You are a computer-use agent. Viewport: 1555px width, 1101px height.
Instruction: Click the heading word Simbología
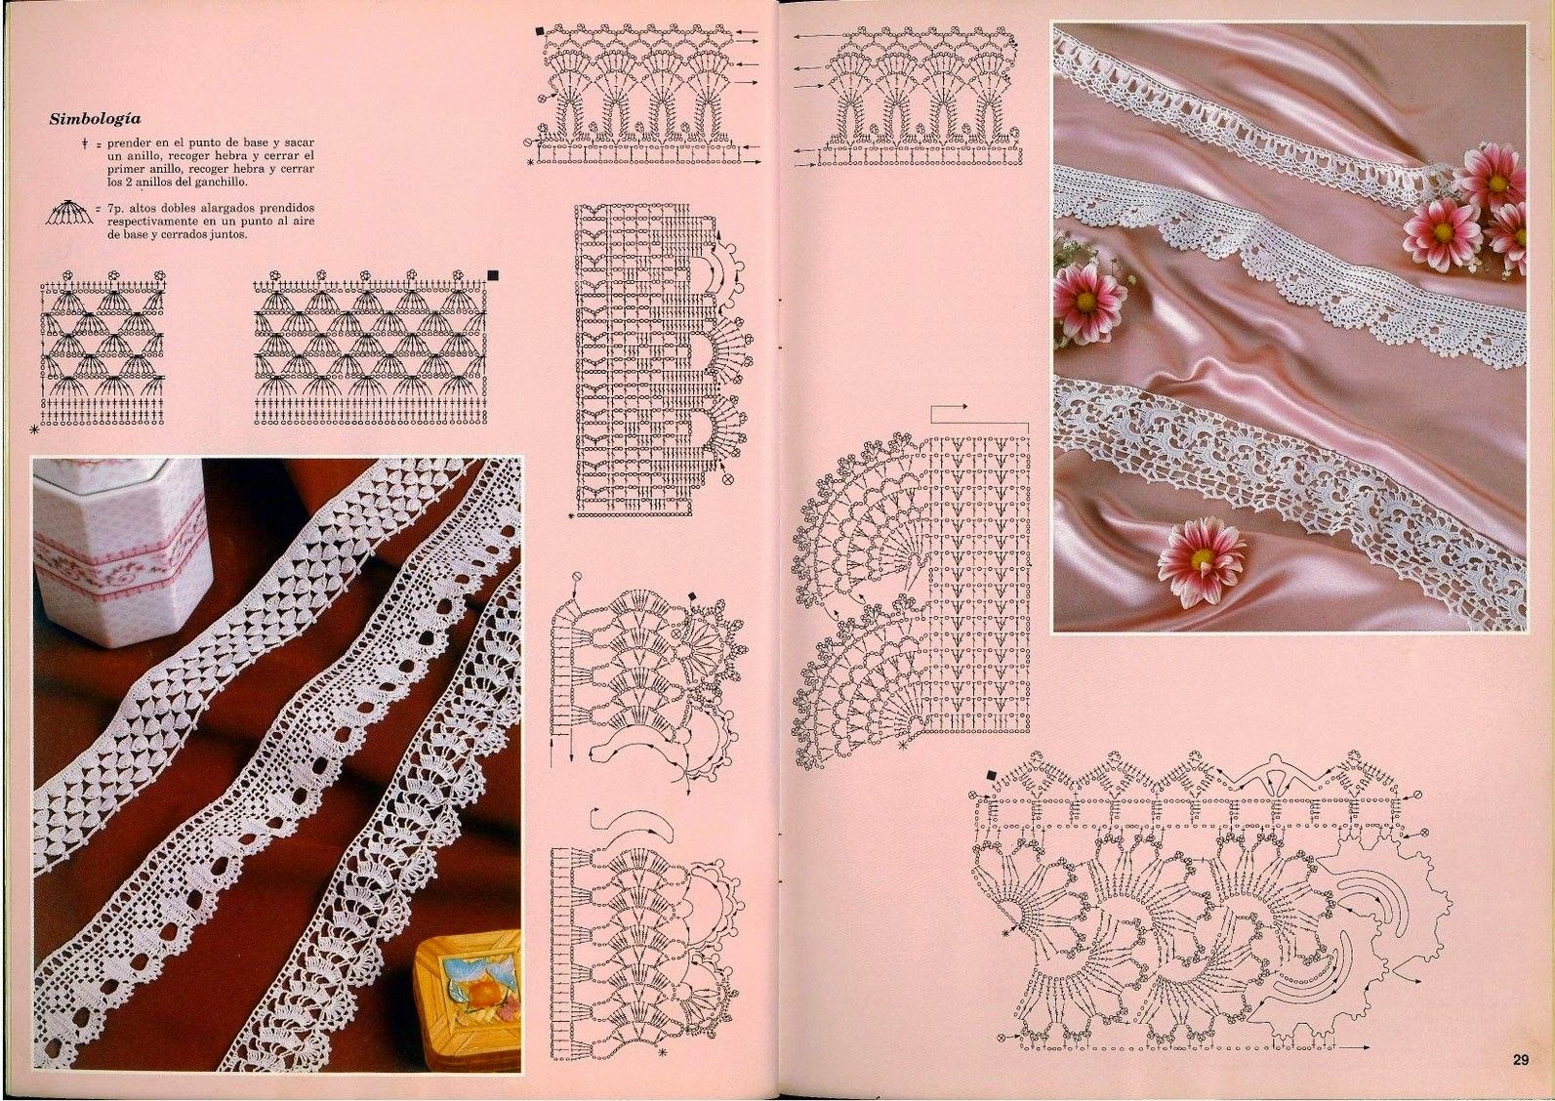95,119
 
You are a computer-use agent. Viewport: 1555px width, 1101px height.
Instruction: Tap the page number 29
1521,1080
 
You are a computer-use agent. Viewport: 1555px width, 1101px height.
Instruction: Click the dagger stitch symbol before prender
84,143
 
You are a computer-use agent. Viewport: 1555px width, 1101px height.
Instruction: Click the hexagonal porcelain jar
120,551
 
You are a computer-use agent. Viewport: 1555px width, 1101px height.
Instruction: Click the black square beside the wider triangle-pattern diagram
494,275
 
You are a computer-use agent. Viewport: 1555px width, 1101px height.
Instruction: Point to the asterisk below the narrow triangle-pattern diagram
33,430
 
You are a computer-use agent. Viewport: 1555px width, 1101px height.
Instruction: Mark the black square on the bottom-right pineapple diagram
991,775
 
